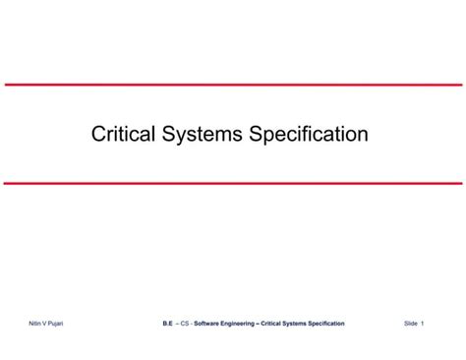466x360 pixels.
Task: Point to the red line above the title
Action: (233, 85)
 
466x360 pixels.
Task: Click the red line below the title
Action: (233, 183)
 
